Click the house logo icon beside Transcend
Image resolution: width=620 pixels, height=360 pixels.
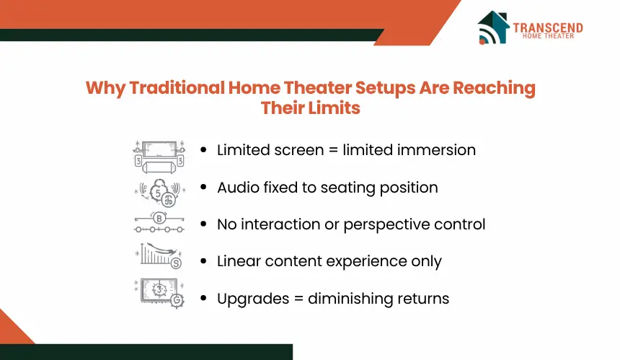click(x=493, y=27)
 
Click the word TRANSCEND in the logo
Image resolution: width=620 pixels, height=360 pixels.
click(x=548, y=27)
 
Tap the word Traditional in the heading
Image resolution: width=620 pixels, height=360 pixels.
click(x=177, y=87)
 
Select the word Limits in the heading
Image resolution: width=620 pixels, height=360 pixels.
click(x=334, y=107)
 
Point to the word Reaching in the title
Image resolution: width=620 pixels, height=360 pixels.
click(x=495, y=89)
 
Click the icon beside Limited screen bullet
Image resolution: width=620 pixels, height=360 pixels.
click(x=159, y=157)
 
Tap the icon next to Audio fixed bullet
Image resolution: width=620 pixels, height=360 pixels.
click(x=159, y=193)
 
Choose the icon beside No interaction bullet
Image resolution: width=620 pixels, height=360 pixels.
click(x=159, y=222)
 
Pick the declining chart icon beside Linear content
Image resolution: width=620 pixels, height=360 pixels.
click(x=159, y=256)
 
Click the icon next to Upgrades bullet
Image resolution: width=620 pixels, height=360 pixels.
click(x=159, y=294)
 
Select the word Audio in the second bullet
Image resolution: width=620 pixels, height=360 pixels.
click(x=238, y=187)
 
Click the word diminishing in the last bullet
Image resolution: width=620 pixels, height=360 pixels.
click(x=350, y=299)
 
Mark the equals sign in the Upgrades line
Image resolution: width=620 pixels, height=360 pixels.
click(x=298, y=299)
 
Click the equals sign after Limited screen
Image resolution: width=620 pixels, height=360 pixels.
click(x=333, y=150)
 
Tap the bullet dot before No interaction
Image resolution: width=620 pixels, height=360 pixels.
click(x=203, y=224)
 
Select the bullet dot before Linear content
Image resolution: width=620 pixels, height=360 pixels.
click(x=203, y=261)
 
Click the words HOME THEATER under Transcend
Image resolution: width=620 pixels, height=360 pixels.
click(x=548, y=36)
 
